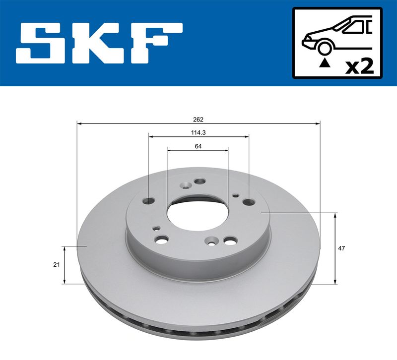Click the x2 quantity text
click(359, 65)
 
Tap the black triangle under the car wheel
click(325, 62)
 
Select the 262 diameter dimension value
click(198, 119)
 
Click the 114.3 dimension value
click(198, 132)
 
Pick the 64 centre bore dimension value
click(198, 146)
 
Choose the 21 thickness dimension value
click(57, 264)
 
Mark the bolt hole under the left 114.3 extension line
click(149, 201)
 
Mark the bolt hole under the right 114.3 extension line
click(248, 202)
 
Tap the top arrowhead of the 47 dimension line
click(336, 215)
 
